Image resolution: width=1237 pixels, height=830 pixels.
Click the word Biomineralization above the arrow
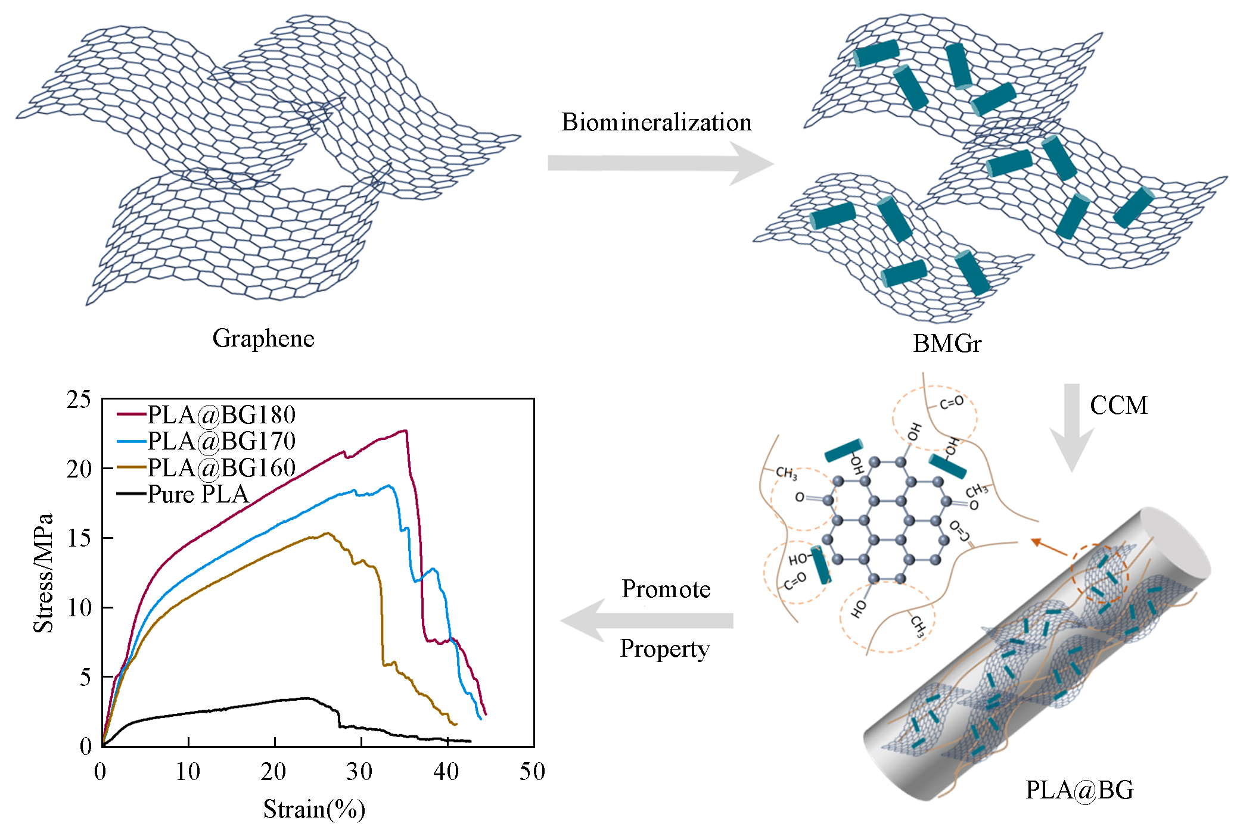[656, 123]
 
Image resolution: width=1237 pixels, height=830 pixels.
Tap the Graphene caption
[263, 338]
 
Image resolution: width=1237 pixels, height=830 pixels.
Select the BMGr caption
[947, 344]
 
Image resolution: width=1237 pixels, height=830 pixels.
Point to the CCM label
[1118, 405]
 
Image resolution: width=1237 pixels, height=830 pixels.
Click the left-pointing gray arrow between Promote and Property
[647, 620]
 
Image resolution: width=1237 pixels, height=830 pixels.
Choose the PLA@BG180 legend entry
[206, 414]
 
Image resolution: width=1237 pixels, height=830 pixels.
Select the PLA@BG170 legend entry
[206, 441]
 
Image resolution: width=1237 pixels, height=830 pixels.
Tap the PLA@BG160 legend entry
[206, 468]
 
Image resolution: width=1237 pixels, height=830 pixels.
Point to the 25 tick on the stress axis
[79, 400]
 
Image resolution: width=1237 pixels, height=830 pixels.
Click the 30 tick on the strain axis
[360, 772]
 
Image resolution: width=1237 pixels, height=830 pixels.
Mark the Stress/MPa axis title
[43, 573]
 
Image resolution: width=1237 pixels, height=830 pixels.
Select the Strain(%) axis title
[314, 809]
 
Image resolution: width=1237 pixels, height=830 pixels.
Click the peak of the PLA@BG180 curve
[405, 430]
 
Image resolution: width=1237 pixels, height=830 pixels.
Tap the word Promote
[666, 589]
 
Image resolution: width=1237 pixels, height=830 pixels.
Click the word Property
[664, 648]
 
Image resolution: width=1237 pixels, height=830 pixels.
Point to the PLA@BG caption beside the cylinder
[1079, 790]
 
